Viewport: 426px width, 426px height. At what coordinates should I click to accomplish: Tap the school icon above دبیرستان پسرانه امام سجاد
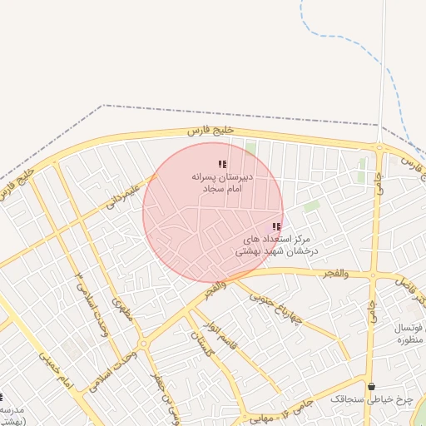[x=221, y=165]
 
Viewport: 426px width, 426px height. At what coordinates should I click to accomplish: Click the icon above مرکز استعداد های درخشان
[x=277, y=226]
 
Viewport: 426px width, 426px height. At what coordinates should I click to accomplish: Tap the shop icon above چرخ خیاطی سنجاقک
[x=371, y=386]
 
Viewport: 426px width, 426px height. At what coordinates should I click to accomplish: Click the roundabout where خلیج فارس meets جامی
[x=379, y=148]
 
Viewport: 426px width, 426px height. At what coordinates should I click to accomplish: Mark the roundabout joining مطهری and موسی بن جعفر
[x=144, y=342]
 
